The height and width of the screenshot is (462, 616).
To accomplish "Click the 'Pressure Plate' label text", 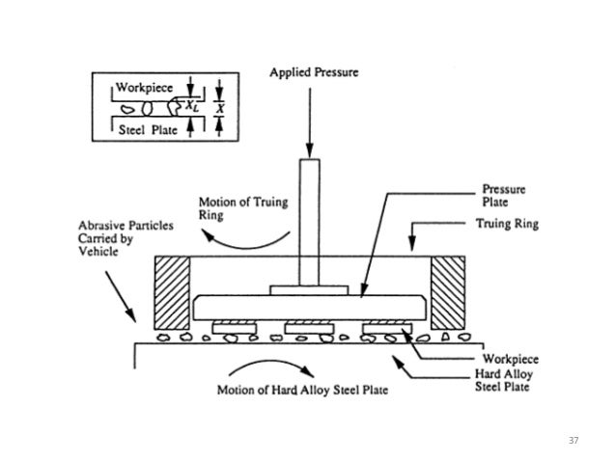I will (506, 197).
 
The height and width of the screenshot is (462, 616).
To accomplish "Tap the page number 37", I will (573, 440).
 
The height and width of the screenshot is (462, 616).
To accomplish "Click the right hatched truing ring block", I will (448, 293).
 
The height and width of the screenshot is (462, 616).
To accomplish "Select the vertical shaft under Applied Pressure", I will (309, 221).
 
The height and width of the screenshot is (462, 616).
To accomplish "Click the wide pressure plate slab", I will (309, 308).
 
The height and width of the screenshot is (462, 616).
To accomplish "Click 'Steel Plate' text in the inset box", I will (146, 129).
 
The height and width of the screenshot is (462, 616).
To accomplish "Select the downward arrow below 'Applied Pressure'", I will (310, 121).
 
